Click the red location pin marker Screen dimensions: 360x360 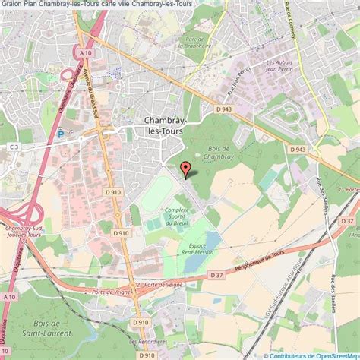pyautogui.click(x=185, y=169)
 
